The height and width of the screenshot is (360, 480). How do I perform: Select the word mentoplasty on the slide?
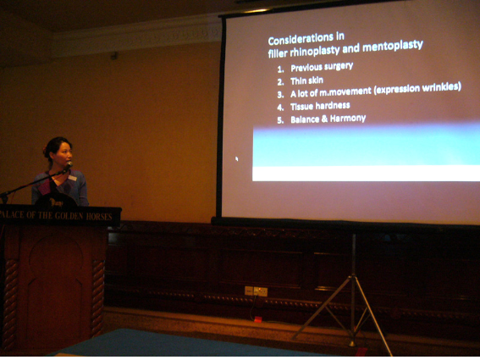(393, 47)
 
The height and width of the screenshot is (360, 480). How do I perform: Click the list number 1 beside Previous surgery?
(280, 69)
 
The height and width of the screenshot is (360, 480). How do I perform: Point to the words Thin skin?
(306, 80)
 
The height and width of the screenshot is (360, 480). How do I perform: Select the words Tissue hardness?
(320, 106)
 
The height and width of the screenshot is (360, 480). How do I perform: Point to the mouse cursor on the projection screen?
(237, 158)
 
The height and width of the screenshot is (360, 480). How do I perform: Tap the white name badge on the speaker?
(72, 178)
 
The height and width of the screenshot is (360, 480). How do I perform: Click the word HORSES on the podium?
(99, 217)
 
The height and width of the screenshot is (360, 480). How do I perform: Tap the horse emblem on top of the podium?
(56, 202)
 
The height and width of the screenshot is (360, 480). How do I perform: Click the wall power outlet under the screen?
(256, 291)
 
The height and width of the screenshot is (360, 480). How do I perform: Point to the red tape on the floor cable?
(258, 319)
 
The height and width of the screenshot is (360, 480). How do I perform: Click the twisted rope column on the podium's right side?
(97, 297)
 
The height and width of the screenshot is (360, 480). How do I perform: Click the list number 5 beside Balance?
(280, 120)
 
